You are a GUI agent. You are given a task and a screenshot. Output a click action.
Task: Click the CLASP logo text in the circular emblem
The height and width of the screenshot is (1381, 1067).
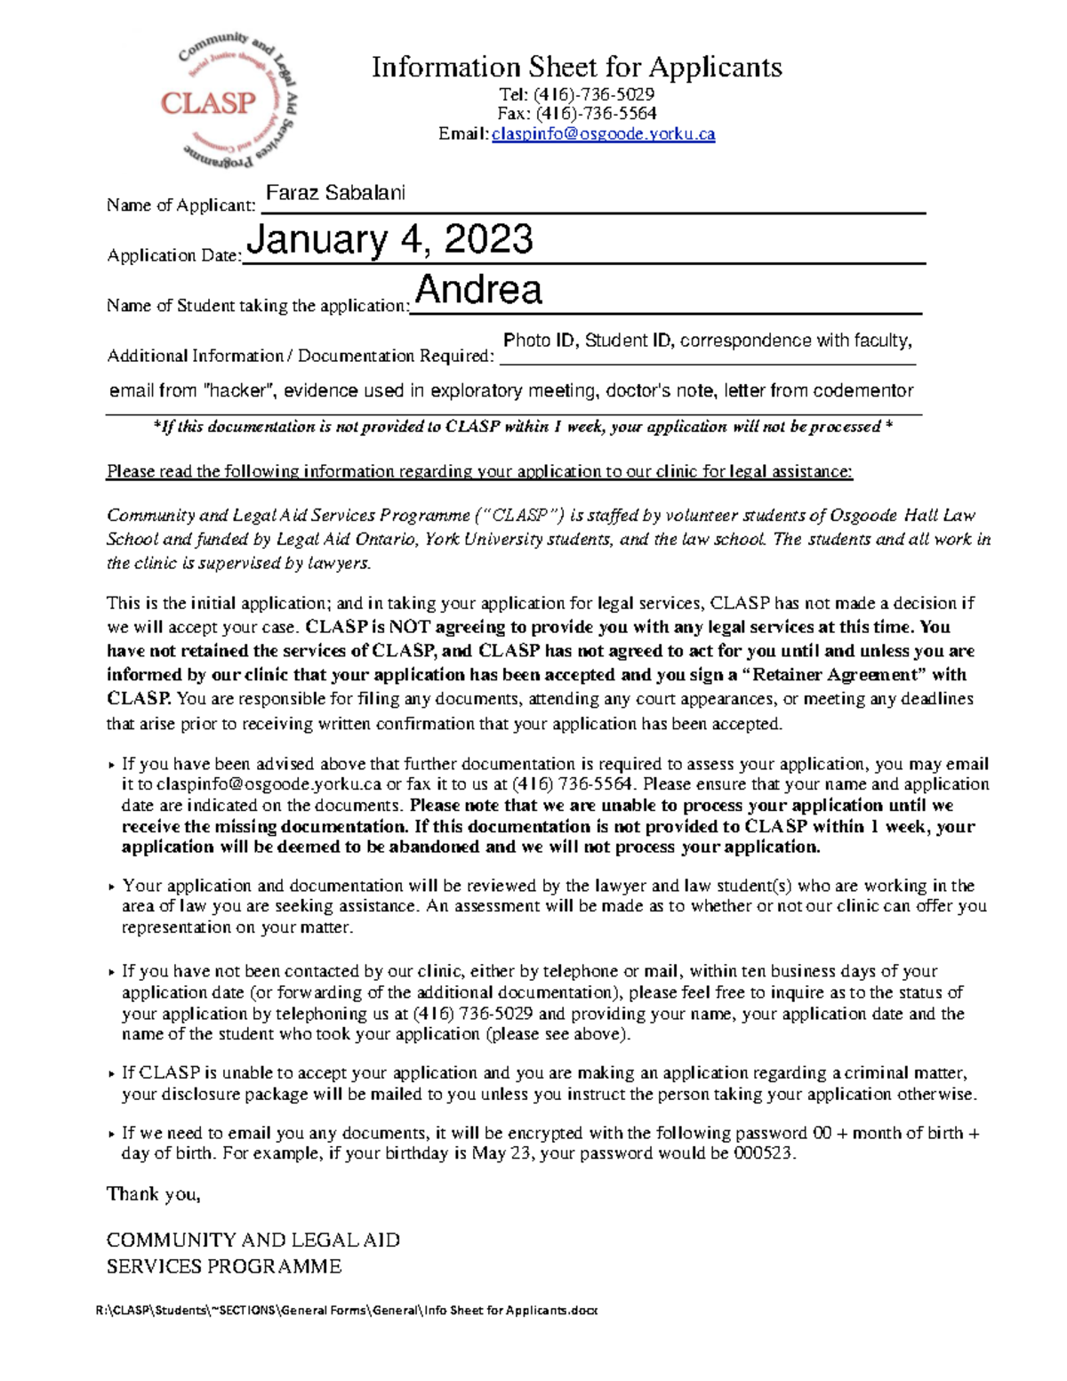(x=208, y=103)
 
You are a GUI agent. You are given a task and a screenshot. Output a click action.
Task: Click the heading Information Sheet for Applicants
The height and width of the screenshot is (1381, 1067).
(x=576, y=67)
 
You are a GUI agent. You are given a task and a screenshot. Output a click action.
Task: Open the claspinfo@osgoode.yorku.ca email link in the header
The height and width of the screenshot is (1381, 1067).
(x=603, y=134)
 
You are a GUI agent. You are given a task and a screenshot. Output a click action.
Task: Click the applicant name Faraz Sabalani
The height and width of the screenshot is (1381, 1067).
(x=336, y=193)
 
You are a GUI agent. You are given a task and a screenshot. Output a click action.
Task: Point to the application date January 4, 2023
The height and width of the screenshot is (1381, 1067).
(x=389, y=240)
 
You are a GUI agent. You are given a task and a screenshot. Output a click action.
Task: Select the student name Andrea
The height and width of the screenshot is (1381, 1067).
(x=478, y=290)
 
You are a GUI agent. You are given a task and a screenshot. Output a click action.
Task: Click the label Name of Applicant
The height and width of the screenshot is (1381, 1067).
(x=181, y=205)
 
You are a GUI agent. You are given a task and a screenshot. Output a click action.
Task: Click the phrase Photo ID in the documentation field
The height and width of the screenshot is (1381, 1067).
(x=539, y=341)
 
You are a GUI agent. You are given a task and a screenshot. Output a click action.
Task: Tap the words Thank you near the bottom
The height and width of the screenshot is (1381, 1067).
(x=153, y=1194)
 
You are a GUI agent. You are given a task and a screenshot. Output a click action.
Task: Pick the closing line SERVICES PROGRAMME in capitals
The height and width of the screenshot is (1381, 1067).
(x=223, y=1266)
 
